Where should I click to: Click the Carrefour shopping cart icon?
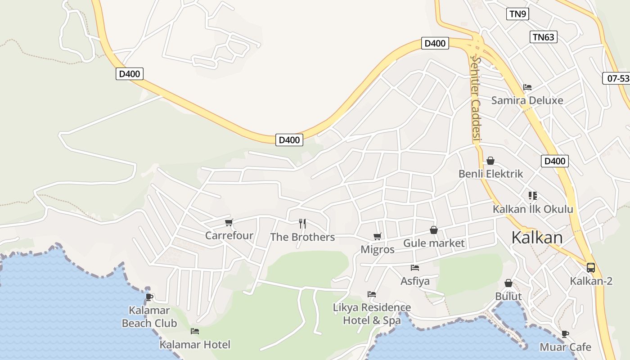229,222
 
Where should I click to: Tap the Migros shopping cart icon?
378,236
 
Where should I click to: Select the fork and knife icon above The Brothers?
303,223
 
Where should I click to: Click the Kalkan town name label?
537,238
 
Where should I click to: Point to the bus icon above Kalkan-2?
591,268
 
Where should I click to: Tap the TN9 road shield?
517,14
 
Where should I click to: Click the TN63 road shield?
543,37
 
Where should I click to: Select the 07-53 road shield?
617,78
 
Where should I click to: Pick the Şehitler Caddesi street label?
476,99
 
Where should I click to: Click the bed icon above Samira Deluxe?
527,87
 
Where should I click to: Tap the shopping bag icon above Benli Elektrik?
490,161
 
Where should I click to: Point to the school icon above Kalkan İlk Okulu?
533,196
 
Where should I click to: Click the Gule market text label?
434,243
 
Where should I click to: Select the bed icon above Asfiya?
415,267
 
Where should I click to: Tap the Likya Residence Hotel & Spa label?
372,314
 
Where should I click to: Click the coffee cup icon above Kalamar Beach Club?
149,297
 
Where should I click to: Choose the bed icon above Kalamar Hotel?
195,331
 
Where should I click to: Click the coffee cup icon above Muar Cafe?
565,334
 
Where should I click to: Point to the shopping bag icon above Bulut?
508,283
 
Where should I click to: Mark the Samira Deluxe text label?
527,100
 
